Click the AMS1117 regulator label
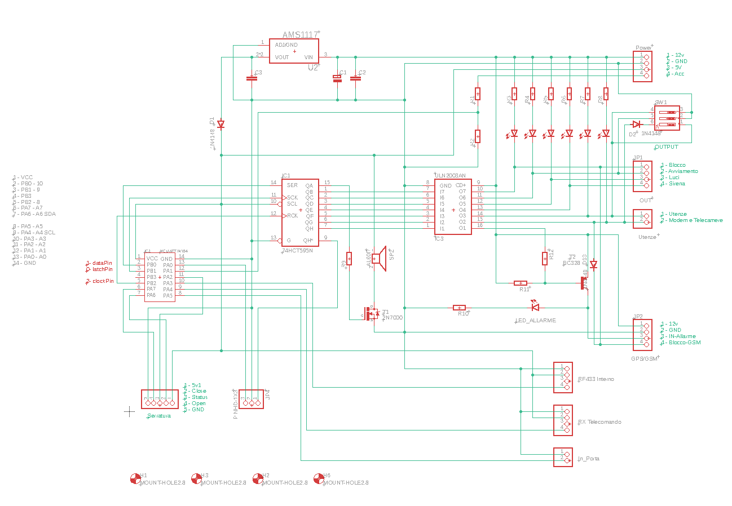(x=300, y=35)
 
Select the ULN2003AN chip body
(x=453, y=207)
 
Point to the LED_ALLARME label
(x=536, y=320)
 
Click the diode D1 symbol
(x=221, y=125)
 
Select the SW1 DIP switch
(x=667, y=118)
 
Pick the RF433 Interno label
(x=596, y=379)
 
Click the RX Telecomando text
(x=599, y=421)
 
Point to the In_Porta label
(x=588, y=459)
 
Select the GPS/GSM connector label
(x=645, y=358)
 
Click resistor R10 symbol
(x=459, y=308)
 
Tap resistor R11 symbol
(x=521, y=283)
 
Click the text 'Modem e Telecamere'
(x=695, y=220)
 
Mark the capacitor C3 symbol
(x=252, y=78)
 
